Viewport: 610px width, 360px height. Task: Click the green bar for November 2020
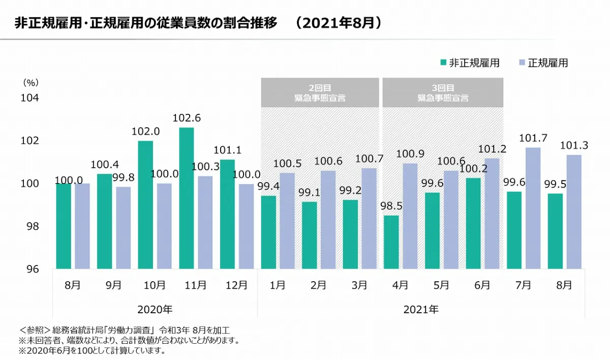point(186,198)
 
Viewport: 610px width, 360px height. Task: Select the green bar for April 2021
point(391,242)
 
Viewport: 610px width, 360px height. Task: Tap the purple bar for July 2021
point(533,208)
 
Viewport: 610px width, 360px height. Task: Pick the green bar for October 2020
point(145,204)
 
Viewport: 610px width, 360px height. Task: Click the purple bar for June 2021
point(492,214)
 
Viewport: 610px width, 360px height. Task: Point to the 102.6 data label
point(187,118)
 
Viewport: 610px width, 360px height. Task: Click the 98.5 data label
point(391,206)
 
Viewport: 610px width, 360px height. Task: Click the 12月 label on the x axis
point(236,285)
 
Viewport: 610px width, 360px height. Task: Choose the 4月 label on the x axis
point(400,285)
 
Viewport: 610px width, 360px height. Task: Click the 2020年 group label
point(155,309)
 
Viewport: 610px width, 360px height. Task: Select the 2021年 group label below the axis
point(421,309)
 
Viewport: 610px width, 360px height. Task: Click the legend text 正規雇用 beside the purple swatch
point(547,63)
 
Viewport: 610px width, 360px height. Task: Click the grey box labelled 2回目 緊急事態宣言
point(320,93)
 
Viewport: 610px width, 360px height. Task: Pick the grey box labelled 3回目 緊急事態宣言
point(443,93)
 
